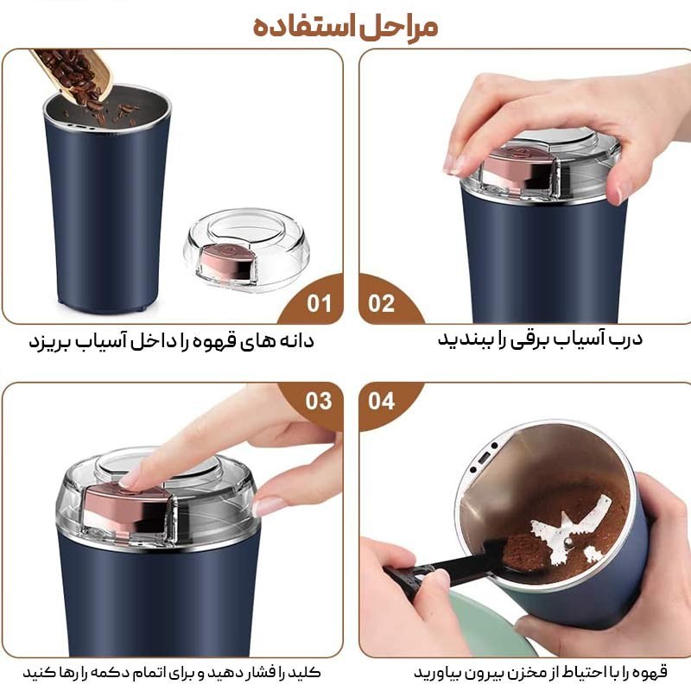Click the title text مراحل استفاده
(x=345, y=26)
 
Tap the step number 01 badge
(x=320, y=304)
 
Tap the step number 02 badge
(x=381, y=304)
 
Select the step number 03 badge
(x=319, y=401)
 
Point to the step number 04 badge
(x=381, y=401)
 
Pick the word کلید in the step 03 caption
(x=305, y=671)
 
